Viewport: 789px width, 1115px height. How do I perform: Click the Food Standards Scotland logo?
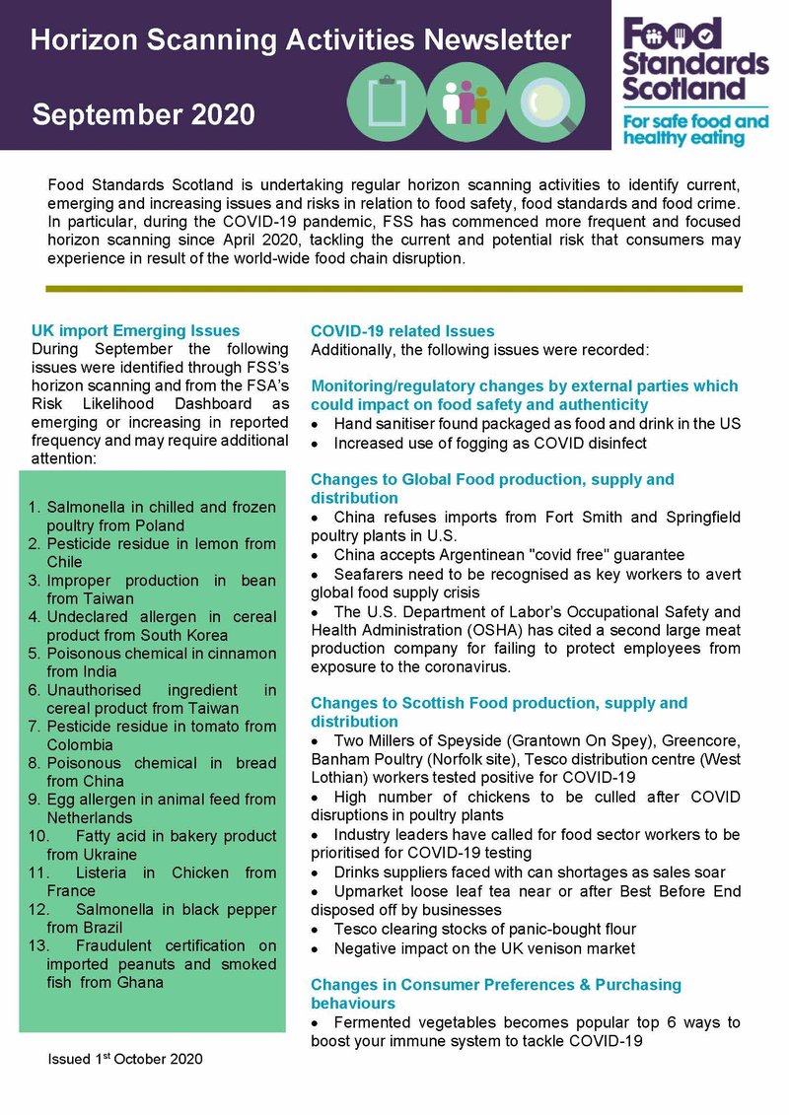coord(695,59)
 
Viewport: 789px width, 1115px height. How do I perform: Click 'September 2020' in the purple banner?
coord(143,114)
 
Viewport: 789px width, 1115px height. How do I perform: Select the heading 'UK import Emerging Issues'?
coord(135,330)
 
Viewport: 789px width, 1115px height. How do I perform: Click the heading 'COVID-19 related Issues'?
coord(402,331)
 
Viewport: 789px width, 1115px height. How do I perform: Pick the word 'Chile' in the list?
coord(65,562)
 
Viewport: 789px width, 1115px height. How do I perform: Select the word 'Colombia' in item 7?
coord(82,744)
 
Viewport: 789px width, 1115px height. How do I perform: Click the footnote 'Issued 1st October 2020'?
coord(125,1059)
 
